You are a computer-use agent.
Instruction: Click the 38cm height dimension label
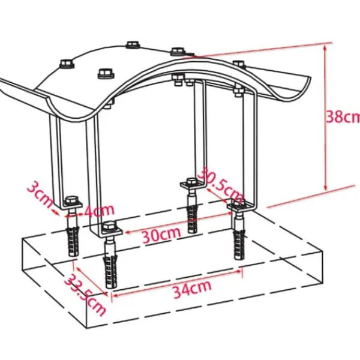pyautogui.click(x=343, y=116)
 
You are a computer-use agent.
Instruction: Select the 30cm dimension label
pyautogui.click(x=161, y=235)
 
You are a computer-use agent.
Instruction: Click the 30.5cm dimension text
pyautogui.click(x=220, y=185)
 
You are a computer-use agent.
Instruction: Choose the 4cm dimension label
pyautogui.click(x=99, y=210)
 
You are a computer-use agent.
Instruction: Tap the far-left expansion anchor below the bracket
pyautogui.click(x=73, y=241)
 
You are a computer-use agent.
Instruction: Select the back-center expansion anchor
pyautogui.click(x=192, y=218)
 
